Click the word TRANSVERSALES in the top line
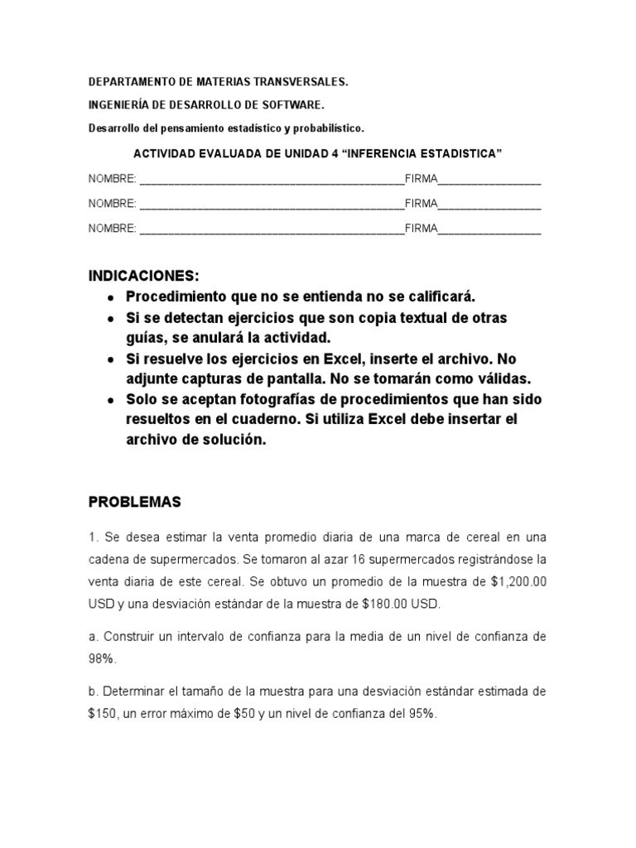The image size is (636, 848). pos(301,83)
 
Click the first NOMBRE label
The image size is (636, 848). pos(113,179)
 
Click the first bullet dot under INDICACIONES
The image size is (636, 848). pos(109,297)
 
